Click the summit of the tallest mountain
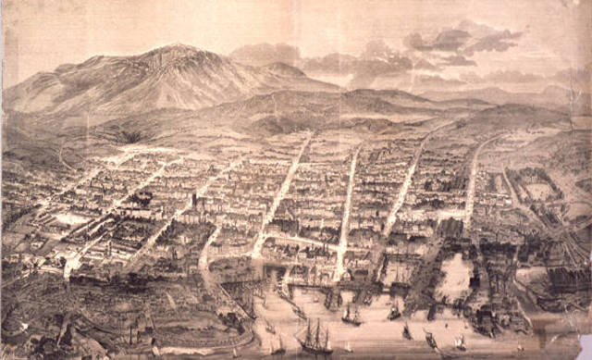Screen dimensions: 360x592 pyautogui.click(x=172, y=46)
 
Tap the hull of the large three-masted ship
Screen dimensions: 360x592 pyautogui.click(x=314, y=348)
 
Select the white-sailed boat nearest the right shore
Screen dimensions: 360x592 pyautogui.click(x=460, y=341)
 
